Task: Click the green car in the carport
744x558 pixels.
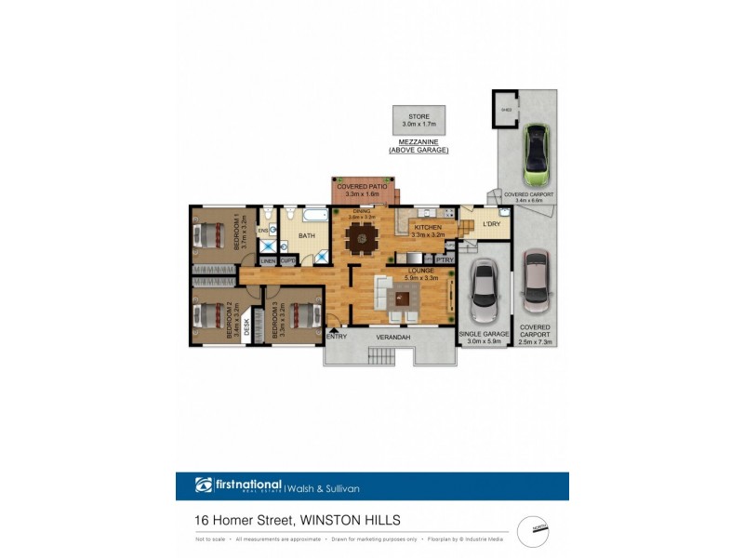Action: coord(537,156)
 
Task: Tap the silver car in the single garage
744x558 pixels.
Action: coord(484,289)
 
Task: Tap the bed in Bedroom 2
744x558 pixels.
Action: coord(208,316)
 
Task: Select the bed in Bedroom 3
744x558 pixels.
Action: coord(299,316)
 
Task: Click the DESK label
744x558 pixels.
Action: coord(247,327)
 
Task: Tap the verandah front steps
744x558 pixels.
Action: coord(382,355)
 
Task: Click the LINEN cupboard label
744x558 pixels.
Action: coord(268,261)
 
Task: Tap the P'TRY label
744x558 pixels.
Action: coord(444,260)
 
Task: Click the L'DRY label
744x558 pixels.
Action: coord(491,224)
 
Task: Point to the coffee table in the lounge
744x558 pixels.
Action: coord(402,299)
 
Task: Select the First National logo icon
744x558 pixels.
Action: coord(205,485)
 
